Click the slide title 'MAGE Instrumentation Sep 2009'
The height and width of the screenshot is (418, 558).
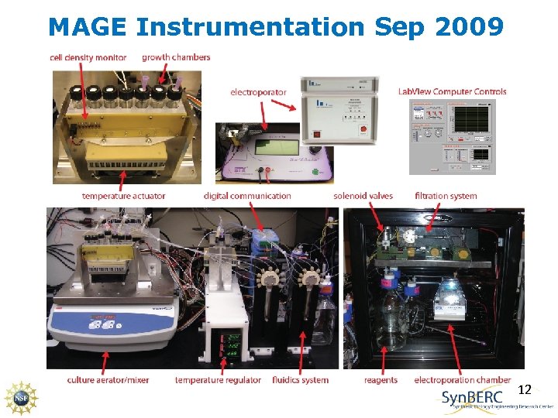[x=275, y=27]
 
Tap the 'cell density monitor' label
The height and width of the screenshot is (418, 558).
[x=88, y=57]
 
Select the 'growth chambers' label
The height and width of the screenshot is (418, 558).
[x=176, y=57]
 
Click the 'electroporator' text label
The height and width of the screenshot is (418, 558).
[x=258, y=92]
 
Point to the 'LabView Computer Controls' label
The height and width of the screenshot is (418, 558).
[x=452, y=91]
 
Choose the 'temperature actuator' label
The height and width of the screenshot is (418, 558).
[x=123, y=196]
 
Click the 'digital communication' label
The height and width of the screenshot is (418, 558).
[x=247, y=196]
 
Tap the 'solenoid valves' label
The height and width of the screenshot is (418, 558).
[x=363, y=196]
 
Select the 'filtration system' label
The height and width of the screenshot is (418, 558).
[x=446, y=196]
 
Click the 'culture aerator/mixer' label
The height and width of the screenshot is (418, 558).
[x=108, y=380]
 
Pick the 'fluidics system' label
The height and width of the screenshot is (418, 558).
[x=300, y=380]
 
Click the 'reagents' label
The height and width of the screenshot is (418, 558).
[x=380, y=380]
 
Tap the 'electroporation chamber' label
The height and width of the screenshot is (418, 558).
[x=462, y=380]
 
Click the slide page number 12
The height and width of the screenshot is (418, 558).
[x=524, y=390]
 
